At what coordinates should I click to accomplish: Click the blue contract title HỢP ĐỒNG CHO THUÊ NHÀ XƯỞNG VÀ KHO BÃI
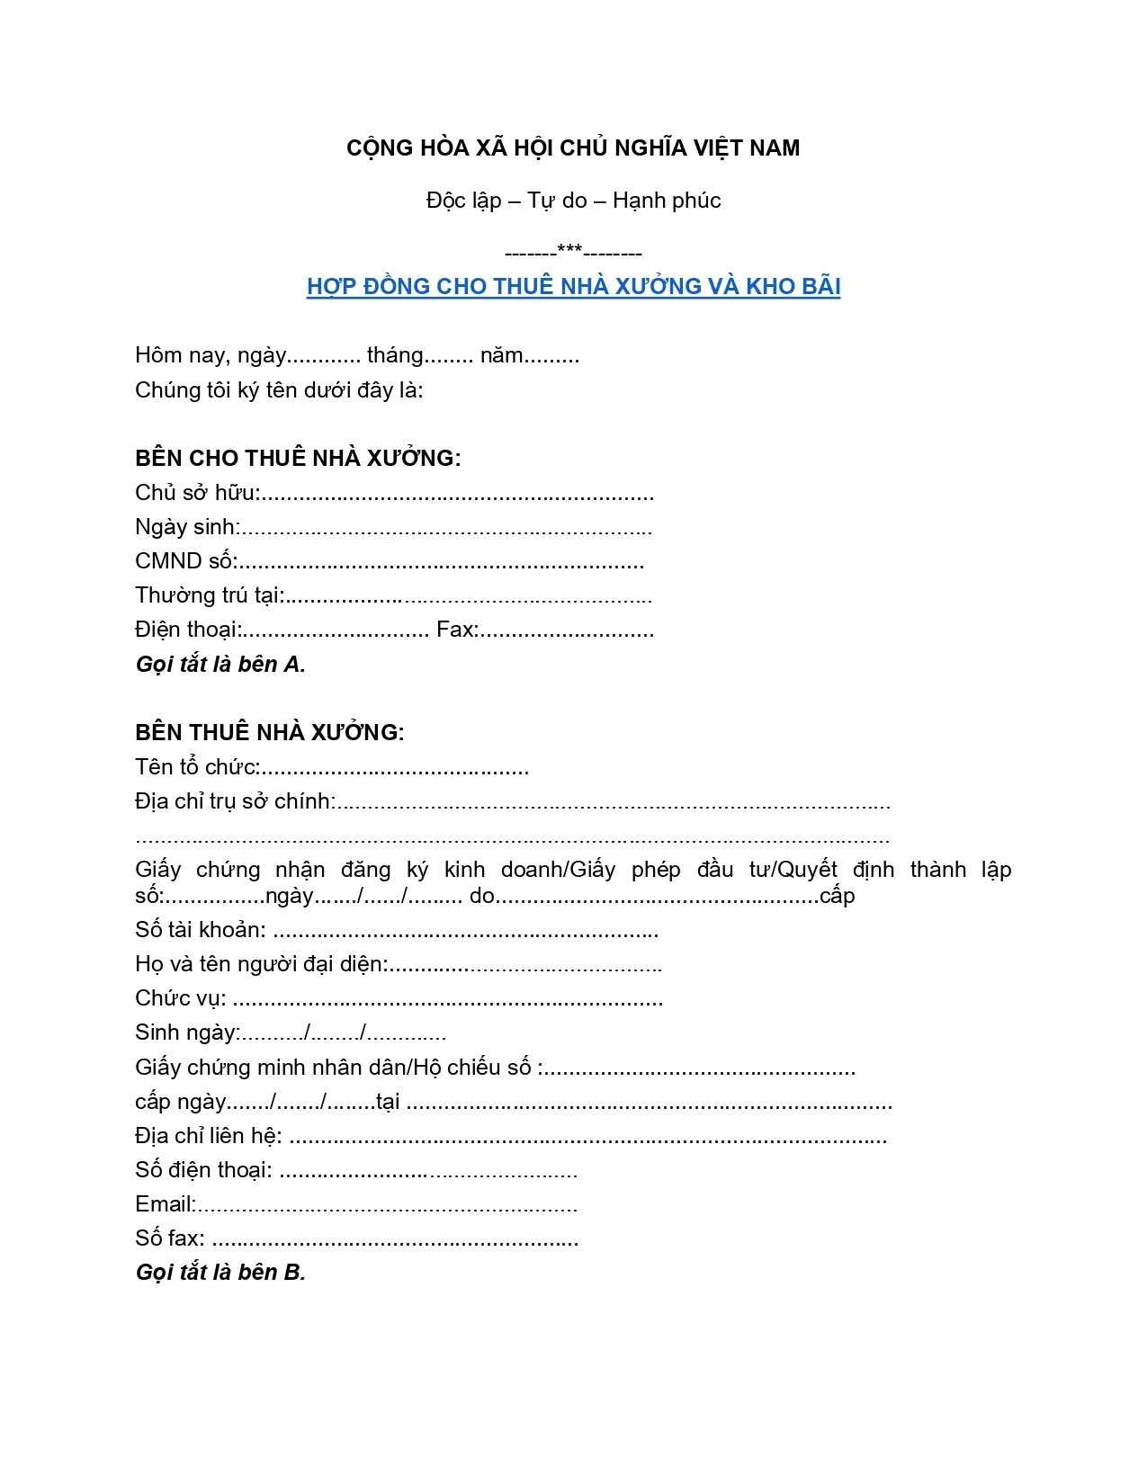(x=573, y=286)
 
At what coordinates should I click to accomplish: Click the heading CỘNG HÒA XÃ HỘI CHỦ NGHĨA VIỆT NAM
(x=573, y=148)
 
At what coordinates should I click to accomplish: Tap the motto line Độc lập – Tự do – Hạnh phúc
(x=573, y=200)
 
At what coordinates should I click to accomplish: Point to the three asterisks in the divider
(x=569, y=250)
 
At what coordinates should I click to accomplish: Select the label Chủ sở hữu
(x=196, y=493)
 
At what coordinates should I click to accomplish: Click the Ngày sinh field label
(x=186, y=527)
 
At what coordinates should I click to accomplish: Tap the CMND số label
(x=184, y=561)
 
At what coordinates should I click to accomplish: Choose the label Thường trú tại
(x=209, y=595)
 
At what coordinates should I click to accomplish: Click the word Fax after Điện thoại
(x=456, y=630)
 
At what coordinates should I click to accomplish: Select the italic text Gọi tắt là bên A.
(x=220, y=665)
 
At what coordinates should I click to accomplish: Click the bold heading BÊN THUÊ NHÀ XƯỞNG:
(x=270, y=732)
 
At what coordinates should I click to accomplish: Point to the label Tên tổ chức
(x=196, y=767)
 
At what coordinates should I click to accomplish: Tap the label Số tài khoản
(x=200, y=930)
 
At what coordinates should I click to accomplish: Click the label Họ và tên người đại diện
(x=261, y=964)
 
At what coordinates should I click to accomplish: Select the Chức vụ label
(x=180, y=998)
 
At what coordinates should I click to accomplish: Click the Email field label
(x=165, y=1204)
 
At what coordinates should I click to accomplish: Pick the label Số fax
(x=169, y=1238)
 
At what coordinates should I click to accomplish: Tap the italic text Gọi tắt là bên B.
(x=220, y=1273)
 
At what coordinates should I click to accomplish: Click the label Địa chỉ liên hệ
(x=208, y=1136)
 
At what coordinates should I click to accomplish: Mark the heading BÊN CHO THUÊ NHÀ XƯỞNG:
(x=298, y=458)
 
